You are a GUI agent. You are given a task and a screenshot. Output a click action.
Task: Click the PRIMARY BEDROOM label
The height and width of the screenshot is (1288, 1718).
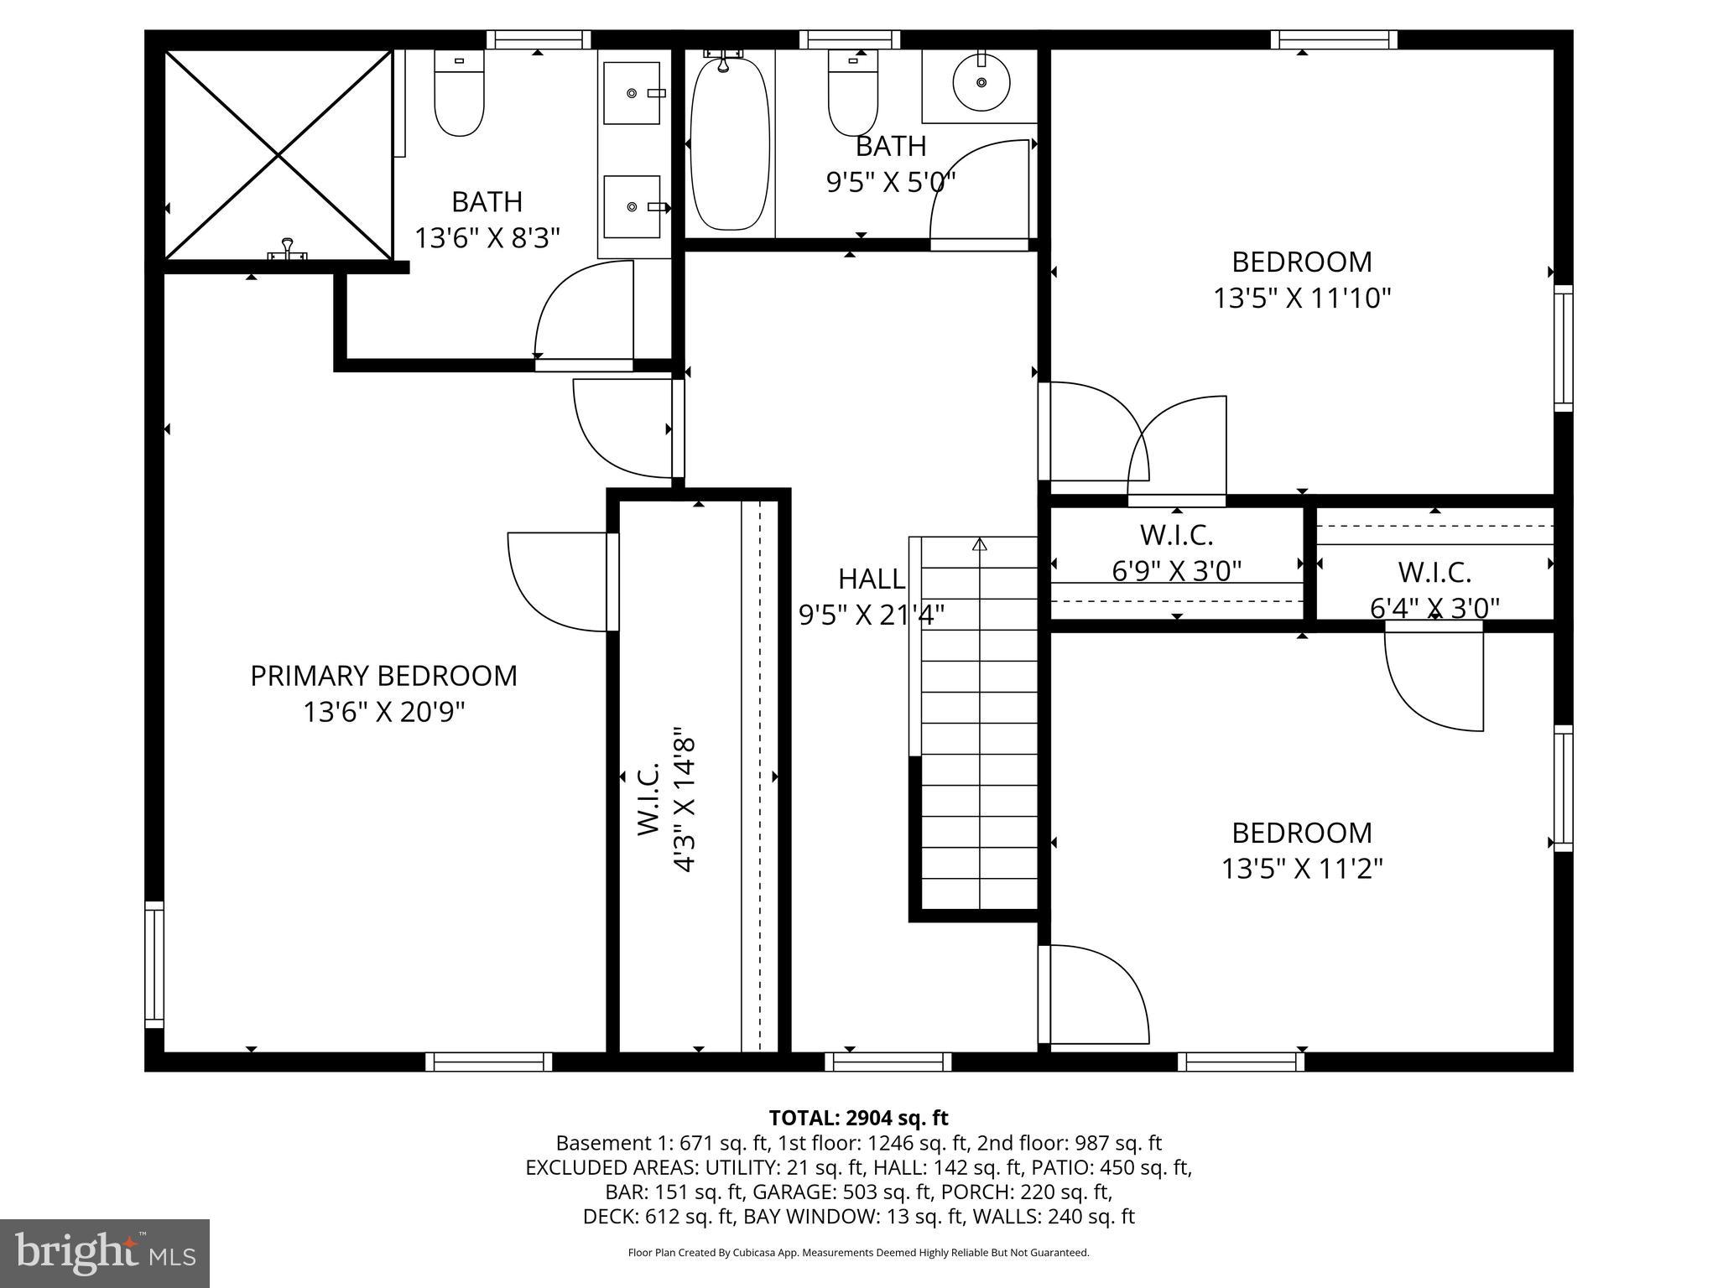(383, 676)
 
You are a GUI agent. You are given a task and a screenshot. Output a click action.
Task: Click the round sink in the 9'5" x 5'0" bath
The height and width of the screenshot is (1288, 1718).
(981, 82)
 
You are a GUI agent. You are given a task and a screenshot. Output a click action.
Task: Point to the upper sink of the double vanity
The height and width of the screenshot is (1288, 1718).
(632, 93)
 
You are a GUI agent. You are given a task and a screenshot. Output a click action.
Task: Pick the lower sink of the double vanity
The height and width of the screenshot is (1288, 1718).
(632, 206)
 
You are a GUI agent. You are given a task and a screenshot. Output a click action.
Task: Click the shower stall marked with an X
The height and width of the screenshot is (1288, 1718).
(278, 155)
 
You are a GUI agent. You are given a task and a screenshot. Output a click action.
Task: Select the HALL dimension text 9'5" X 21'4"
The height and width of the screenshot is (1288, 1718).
(871, 615)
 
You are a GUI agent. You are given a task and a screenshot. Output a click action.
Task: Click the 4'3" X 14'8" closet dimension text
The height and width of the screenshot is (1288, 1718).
(685, 801)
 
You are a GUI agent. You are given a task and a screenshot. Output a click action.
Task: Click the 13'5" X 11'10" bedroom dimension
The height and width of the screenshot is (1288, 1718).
(1302, 298)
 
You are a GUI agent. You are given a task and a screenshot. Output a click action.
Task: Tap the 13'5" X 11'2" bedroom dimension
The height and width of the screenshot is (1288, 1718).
(1301, 869)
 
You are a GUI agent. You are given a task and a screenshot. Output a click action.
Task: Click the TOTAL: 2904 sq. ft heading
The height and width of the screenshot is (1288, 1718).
(858, 1118)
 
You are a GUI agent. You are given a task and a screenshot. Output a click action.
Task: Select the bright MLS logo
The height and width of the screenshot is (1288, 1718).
(105, 1253)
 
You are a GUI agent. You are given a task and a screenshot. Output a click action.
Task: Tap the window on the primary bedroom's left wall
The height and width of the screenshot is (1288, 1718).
(154, 964)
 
